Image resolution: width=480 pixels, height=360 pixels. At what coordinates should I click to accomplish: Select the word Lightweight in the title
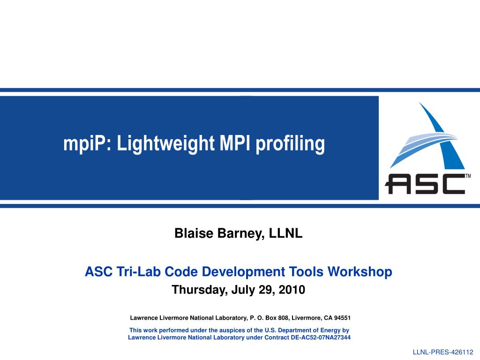[x=165, y=143]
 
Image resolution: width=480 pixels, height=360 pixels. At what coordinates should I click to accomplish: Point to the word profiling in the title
[x=290, y=143]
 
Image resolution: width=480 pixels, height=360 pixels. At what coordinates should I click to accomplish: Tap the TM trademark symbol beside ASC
[x=468, y=176]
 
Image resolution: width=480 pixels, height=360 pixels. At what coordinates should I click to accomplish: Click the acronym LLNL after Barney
[x=285, y=233]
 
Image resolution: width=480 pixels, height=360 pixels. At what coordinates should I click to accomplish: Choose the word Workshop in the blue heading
[x=360, y=272]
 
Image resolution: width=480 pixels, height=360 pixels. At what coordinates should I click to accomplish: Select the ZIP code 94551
[x=342, y=318]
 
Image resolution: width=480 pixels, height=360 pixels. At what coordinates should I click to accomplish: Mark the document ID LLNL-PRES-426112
[x=443, y=352]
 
